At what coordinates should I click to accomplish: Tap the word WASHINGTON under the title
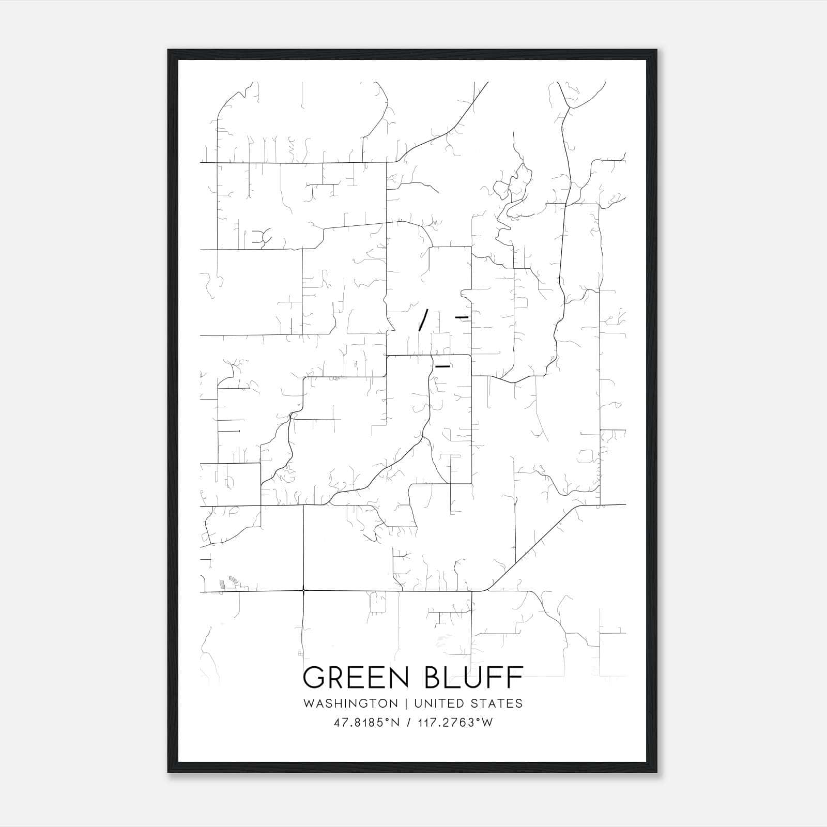click(x=350, y=703)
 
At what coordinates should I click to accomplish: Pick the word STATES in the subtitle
click(x=497, y=703)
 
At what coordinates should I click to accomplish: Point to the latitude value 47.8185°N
click(x=367, y=723)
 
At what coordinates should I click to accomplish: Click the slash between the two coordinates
click(x=409, y=723)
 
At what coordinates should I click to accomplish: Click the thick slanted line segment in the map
click(x=423, y=319)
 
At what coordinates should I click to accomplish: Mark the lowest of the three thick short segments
click(x=443, y=366)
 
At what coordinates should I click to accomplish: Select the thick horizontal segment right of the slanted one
click(x=461, y=316)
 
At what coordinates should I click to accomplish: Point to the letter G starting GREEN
click(x=314, y=678)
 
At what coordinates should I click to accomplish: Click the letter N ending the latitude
click(x=395, y=723)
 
